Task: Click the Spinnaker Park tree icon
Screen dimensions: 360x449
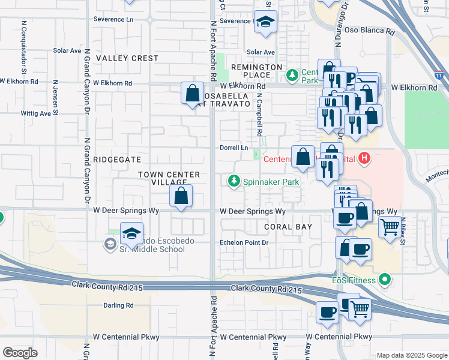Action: point(232,181)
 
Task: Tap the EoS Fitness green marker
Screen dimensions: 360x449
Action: point(385,280)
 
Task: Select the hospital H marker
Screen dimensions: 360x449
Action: point(364,159)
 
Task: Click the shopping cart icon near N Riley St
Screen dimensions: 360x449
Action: point(390,227)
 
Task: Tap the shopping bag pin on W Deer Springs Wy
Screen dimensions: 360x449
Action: point(181,196)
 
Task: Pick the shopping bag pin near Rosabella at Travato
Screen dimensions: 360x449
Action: point(192,94)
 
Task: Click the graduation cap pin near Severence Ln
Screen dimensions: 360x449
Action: point(264,22)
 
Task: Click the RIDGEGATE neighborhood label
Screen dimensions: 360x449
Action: point(117,160)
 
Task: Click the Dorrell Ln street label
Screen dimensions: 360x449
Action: point(234,148)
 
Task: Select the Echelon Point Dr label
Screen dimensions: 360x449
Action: point(243,243)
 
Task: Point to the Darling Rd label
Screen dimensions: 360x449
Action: point(118,305)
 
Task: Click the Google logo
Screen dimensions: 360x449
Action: point(20,353)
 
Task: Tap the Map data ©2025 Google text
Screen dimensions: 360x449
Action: point(411,355)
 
